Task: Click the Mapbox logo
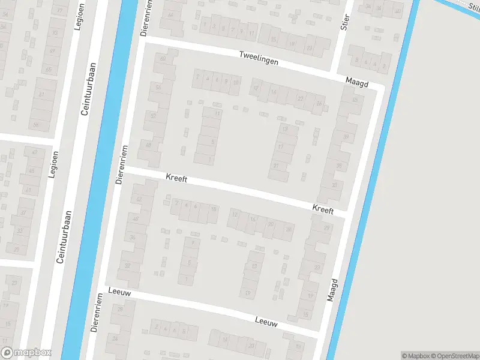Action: click(x=26, y=353)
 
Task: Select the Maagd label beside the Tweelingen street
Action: click(x=356, y=80)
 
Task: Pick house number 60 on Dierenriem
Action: click(x=162, y=58)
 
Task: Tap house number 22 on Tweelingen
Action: click(x=300, y=98)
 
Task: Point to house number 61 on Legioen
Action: click(x=41, y=95)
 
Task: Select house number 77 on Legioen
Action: click(x=59, y=11)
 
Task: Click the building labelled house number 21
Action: click(x=275, y=166)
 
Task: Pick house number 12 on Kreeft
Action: click(x=235, y=214)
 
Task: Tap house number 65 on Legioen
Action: click(x=49, y=70)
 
